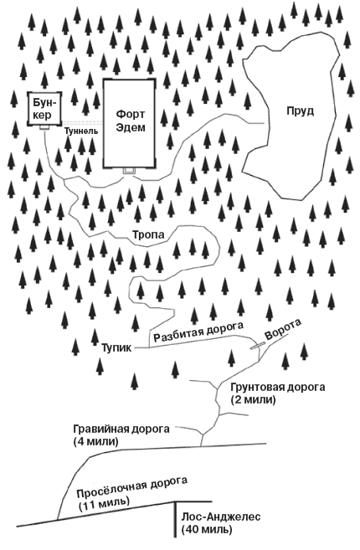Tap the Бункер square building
pos(40,108)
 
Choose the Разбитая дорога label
pos(198,332)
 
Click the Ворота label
pos(282,329)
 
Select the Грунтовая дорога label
pos(264,388)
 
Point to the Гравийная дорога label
pos(121,428)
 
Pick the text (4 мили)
pos(97,441)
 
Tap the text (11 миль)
pos(103,505)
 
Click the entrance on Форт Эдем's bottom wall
pos(129,171)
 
